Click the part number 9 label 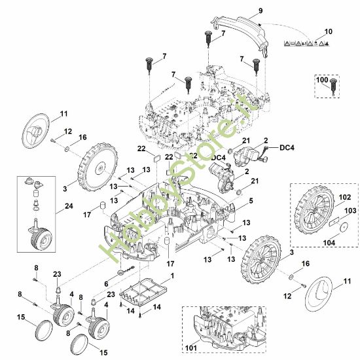click(x=261, y=10)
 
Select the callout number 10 click(x=329, y=31)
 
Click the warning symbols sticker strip click(x=306, y=43)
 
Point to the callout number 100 click(x=322, y=80)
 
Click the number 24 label click(x=69, y=206)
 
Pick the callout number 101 click(x=190, y=348)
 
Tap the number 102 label click(x=345, y=197)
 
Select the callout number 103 click(x=351, y=211)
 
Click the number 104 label click(x=329, y=242)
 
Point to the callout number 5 click(x=251, y=201)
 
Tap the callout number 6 click(x=106, y=284)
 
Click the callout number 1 click(x=172, y=276)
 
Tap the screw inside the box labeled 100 click(x=333, y=86)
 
